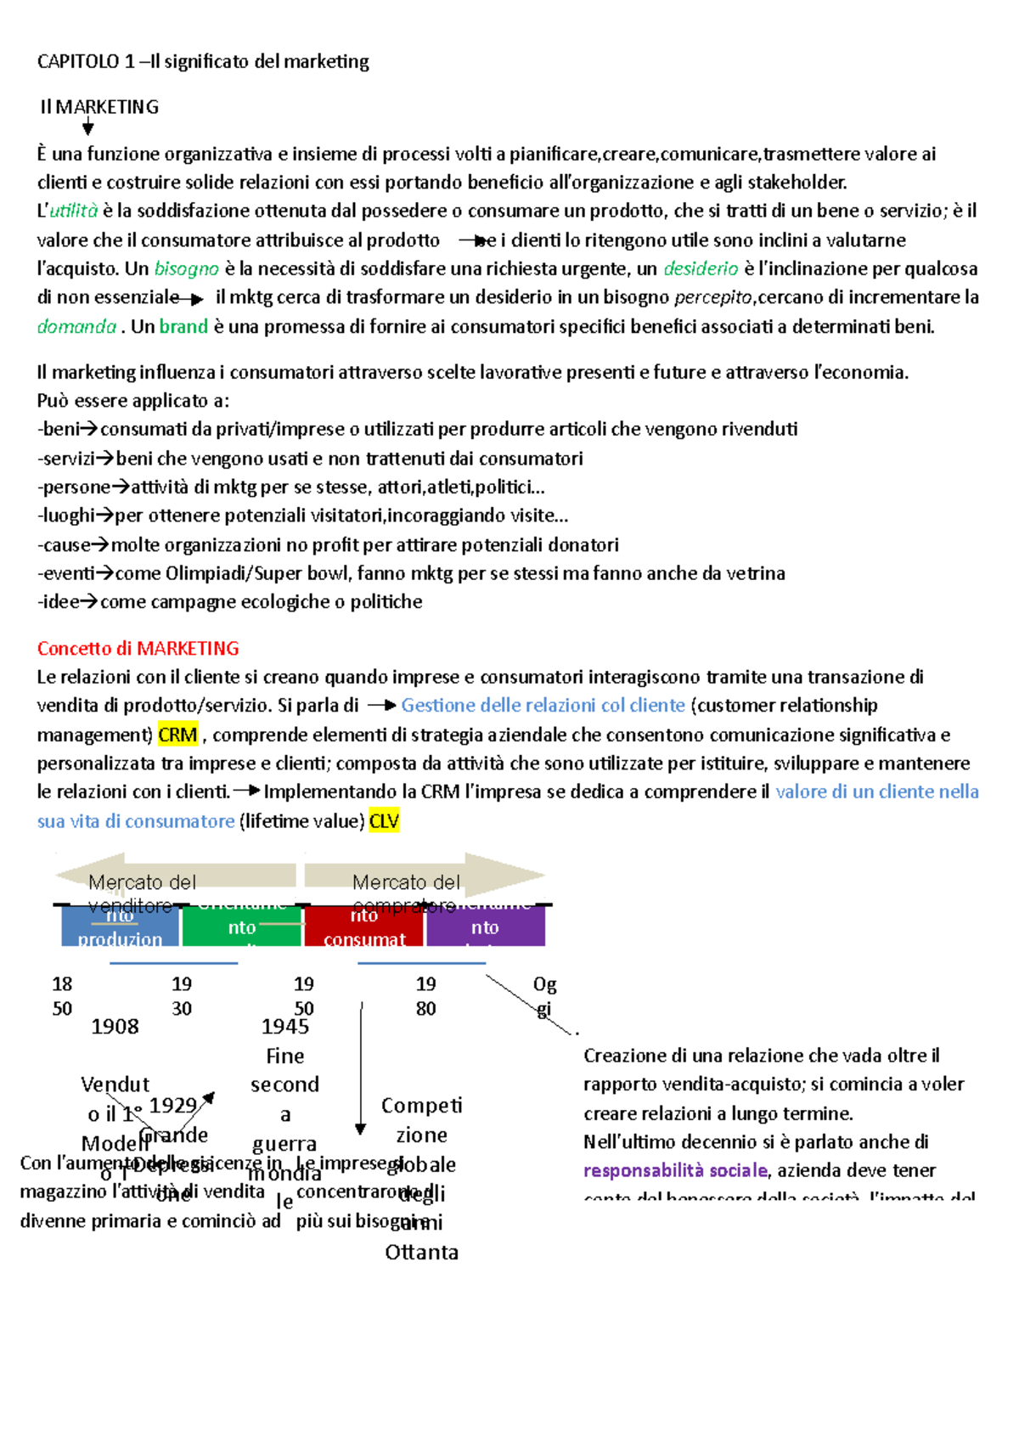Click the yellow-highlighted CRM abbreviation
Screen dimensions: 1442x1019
(177, 735)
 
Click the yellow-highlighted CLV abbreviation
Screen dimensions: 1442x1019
(384, 821)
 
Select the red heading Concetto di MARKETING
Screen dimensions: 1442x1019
(138, 648)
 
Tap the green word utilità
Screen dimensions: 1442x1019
(74, 211)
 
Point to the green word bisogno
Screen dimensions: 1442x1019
(186, 268)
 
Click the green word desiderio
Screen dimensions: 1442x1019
(701, 268)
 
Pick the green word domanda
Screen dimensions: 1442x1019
(76, 326)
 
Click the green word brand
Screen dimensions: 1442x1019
(183, 326)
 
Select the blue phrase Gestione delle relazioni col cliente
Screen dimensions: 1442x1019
(543, 705)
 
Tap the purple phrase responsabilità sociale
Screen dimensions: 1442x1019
(675, 1170)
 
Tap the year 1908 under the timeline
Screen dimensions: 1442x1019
(115, 1027)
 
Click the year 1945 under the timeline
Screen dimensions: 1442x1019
(285, 1027)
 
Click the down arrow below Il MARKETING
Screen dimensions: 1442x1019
(87, 128)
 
